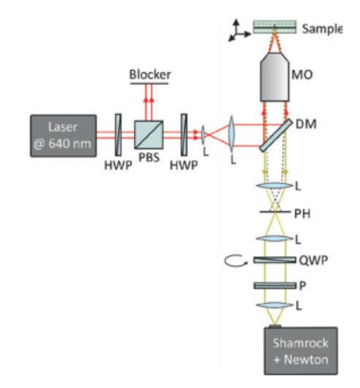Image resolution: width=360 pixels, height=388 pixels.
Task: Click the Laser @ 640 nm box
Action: click(x=63, y=136)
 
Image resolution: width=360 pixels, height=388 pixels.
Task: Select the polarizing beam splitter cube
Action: click(x=149, y=134)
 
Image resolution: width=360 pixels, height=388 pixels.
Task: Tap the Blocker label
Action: click(x=150, y=75)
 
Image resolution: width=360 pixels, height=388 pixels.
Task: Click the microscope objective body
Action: click(x=275, y=77)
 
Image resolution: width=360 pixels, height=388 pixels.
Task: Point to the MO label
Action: click(x=302, y=75)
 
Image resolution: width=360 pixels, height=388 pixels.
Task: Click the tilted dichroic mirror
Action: click(x=276, y=135)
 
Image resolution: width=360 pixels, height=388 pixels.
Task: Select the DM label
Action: click(x=306, y=124)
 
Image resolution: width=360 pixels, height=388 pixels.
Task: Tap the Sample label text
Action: click(x=322, y=29)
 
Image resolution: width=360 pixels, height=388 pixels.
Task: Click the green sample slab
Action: click(x=275, y=26)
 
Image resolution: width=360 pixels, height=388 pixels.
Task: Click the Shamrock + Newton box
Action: click(x=301, y=351)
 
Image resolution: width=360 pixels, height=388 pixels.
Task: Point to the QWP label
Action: click(x=313, y=260)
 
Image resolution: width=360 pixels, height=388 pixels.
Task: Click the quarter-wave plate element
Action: click(x=275, y=260)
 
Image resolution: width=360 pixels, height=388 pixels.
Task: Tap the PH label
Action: click(x=302, y=214)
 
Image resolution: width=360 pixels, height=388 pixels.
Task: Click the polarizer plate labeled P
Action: click(x=275, y=285)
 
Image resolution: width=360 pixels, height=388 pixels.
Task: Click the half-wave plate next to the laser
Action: click(x=118, y=134)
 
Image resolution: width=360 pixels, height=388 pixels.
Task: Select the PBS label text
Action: click(x=149, y=157)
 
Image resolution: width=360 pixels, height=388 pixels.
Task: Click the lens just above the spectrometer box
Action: click(x=275, y=305)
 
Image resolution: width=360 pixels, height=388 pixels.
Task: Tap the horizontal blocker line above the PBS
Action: click(x=149, y=83)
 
